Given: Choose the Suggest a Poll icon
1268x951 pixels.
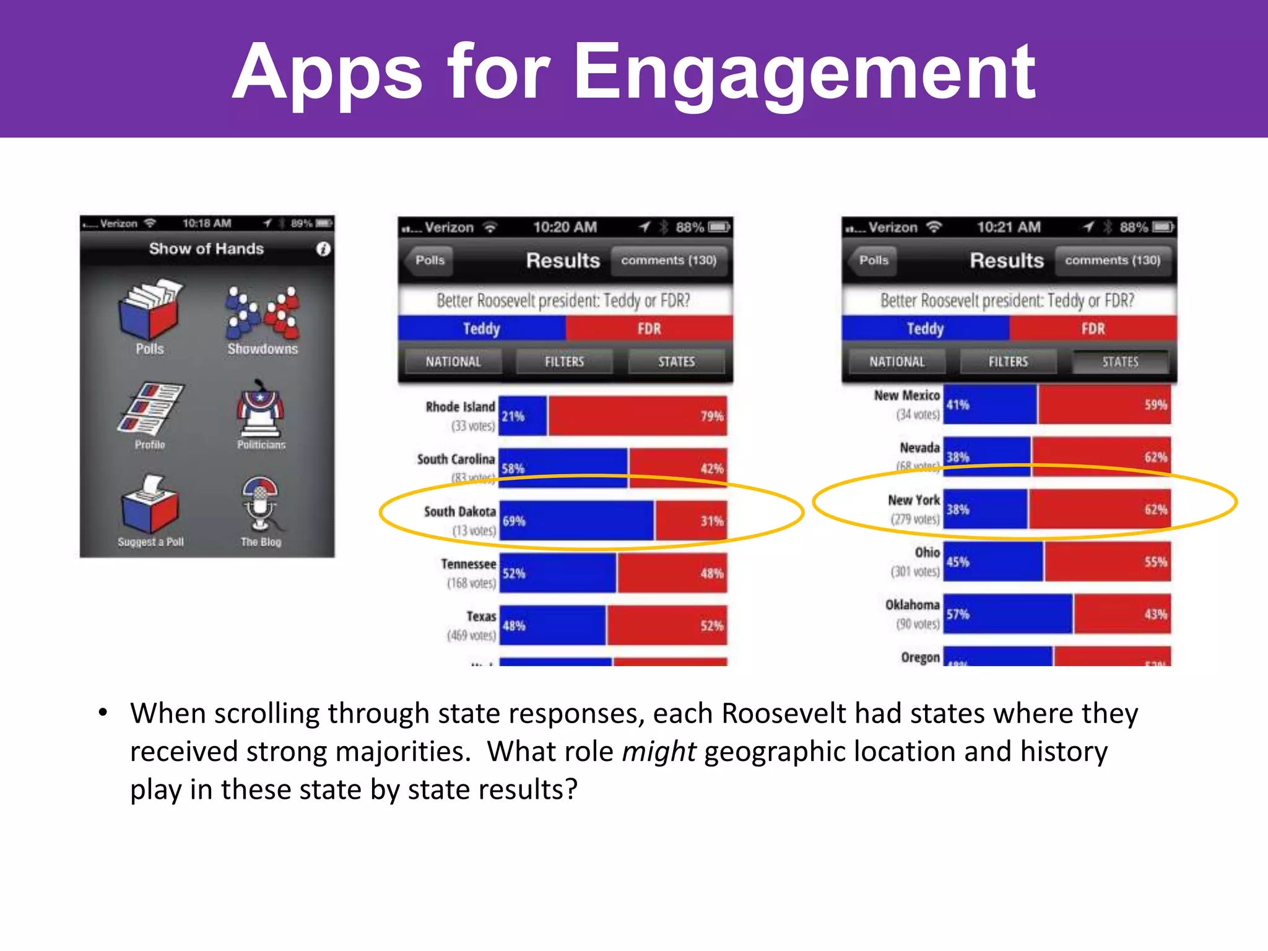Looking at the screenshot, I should coord(150,505).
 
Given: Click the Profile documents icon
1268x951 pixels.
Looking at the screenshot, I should coord(150,409).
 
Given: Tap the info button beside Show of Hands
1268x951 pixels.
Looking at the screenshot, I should coord(323,249).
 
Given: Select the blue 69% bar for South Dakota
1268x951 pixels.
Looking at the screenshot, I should coord(576,521).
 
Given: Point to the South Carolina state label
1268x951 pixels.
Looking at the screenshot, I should coord(456,459).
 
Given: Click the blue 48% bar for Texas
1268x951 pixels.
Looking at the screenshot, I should coord(552,625).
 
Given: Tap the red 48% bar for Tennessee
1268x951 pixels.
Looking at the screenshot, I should coord(672,573).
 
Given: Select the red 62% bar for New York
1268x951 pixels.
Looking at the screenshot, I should coord(1099,510).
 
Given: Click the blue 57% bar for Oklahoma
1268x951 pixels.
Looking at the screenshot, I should coord(1008,614).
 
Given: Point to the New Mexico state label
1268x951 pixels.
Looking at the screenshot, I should coord(906,396).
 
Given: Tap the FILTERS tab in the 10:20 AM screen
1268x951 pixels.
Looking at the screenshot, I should coord(564,362).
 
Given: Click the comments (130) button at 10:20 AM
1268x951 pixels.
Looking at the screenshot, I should coord(669,260).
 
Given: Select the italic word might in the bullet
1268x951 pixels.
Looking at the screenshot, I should coord(659,752).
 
